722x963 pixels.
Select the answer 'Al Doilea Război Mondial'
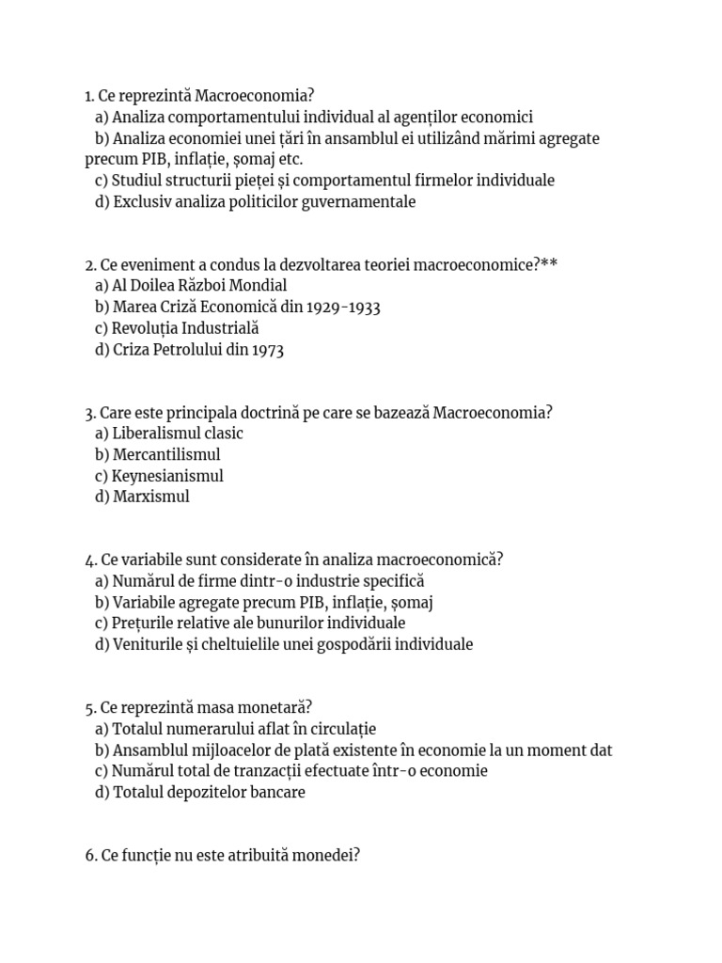tap(199, 285)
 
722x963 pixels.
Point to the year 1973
tap(267, 350)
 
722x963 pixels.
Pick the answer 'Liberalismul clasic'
tap(177, 434)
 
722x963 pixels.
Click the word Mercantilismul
tap(166, 455)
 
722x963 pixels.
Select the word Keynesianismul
tap(167, 476)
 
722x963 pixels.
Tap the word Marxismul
tap(150, 497)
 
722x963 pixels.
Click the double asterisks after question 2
tap(549, 264)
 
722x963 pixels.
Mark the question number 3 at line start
tap(89, 413)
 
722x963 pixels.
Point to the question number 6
tap(89, 856)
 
